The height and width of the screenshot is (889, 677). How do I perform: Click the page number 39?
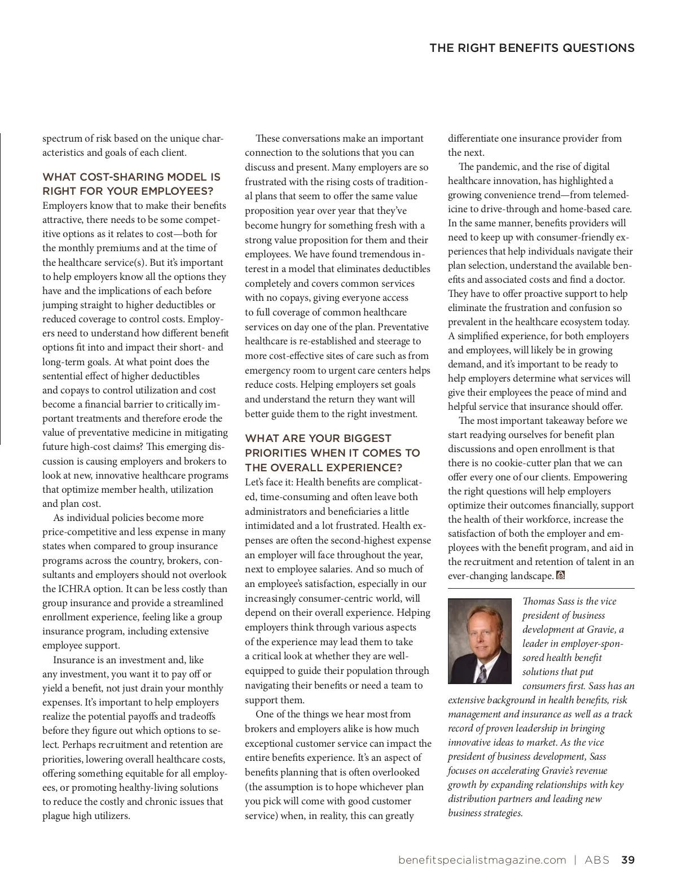click(627, 860)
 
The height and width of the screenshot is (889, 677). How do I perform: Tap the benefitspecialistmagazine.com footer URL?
click(482, 860)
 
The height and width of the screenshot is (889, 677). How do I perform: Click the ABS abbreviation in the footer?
click(597, 860)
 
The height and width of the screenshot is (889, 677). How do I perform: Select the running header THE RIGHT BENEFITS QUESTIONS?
click(531, 48)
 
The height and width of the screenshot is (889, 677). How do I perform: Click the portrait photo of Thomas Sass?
click(480, 641)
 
